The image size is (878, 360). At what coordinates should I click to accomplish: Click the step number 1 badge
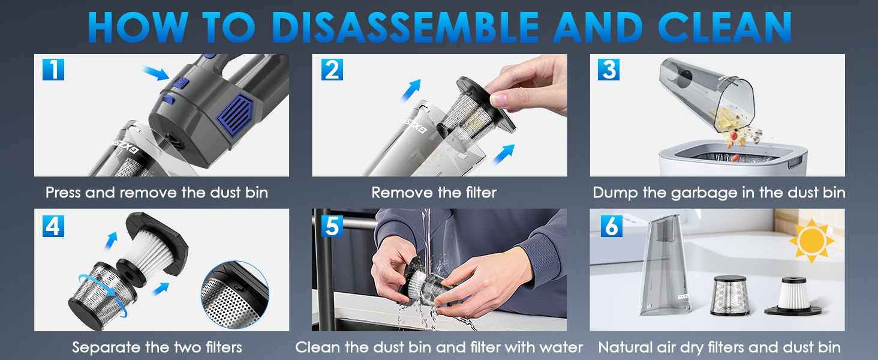[53, 70]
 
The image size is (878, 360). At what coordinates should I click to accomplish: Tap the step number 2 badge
[332, 70]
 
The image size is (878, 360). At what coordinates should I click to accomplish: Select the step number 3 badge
[609, 70]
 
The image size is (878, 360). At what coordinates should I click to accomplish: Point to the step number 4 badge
[53, 225]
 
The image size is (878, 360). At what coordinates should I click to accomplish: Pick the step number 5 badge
[332, 225]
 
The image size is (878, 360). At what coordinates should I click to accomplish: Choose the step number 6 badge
[611, 225]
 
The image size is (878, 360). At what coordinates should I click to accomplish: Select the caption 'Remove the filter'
[434, 193]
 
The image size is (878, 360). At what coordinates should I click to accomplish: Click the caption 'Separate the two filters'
[157, 347]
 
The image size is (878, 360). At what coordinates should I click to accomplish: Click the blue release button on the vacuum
[181, 83]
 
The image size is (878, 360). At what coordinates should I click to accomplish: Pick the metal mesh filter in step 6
[729, 296]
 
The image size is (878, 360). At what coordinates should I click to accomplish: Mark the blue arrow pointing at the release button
[154, 75]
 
